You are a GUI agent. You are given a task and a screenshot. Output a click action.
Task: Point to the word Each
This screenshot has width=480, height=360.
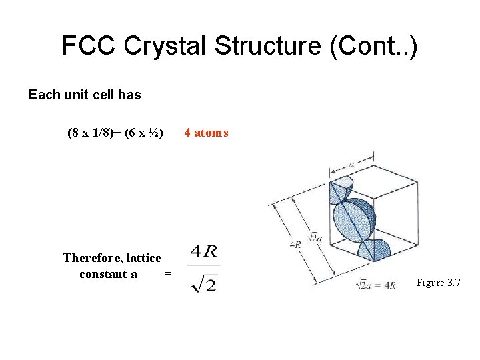tap(44, 95)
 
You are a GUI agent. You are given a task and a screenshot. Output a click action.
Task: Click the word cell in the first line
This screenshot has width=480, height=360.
tap(100, 95)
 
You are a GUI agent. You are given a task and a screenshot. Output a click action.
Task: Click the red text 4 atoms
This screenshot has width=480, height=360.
tap(206, 133)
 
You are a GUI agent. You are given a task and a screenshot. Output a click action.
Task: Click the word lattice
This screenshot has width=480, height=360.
tap(143, 257)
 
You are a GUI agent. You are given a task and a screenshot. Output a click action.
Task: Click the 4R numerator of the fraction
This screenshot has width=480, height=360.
tap(204, 252)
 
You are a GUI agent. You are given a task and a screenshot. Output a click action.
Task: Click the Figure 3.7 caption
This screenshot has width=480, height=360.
tap(439, 283)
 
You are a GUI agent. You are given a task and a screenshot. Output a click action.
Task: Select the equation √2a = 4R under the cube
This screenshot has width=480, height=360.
tap(377, 285)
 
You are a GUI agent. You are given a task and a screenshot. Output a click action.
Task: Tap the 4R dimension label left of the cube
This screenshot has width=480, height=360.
tap(295, 244)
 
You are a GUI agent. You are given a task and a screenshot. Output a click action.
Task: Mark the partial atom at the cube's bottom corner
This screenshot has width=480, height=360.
tap(373, 251)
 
